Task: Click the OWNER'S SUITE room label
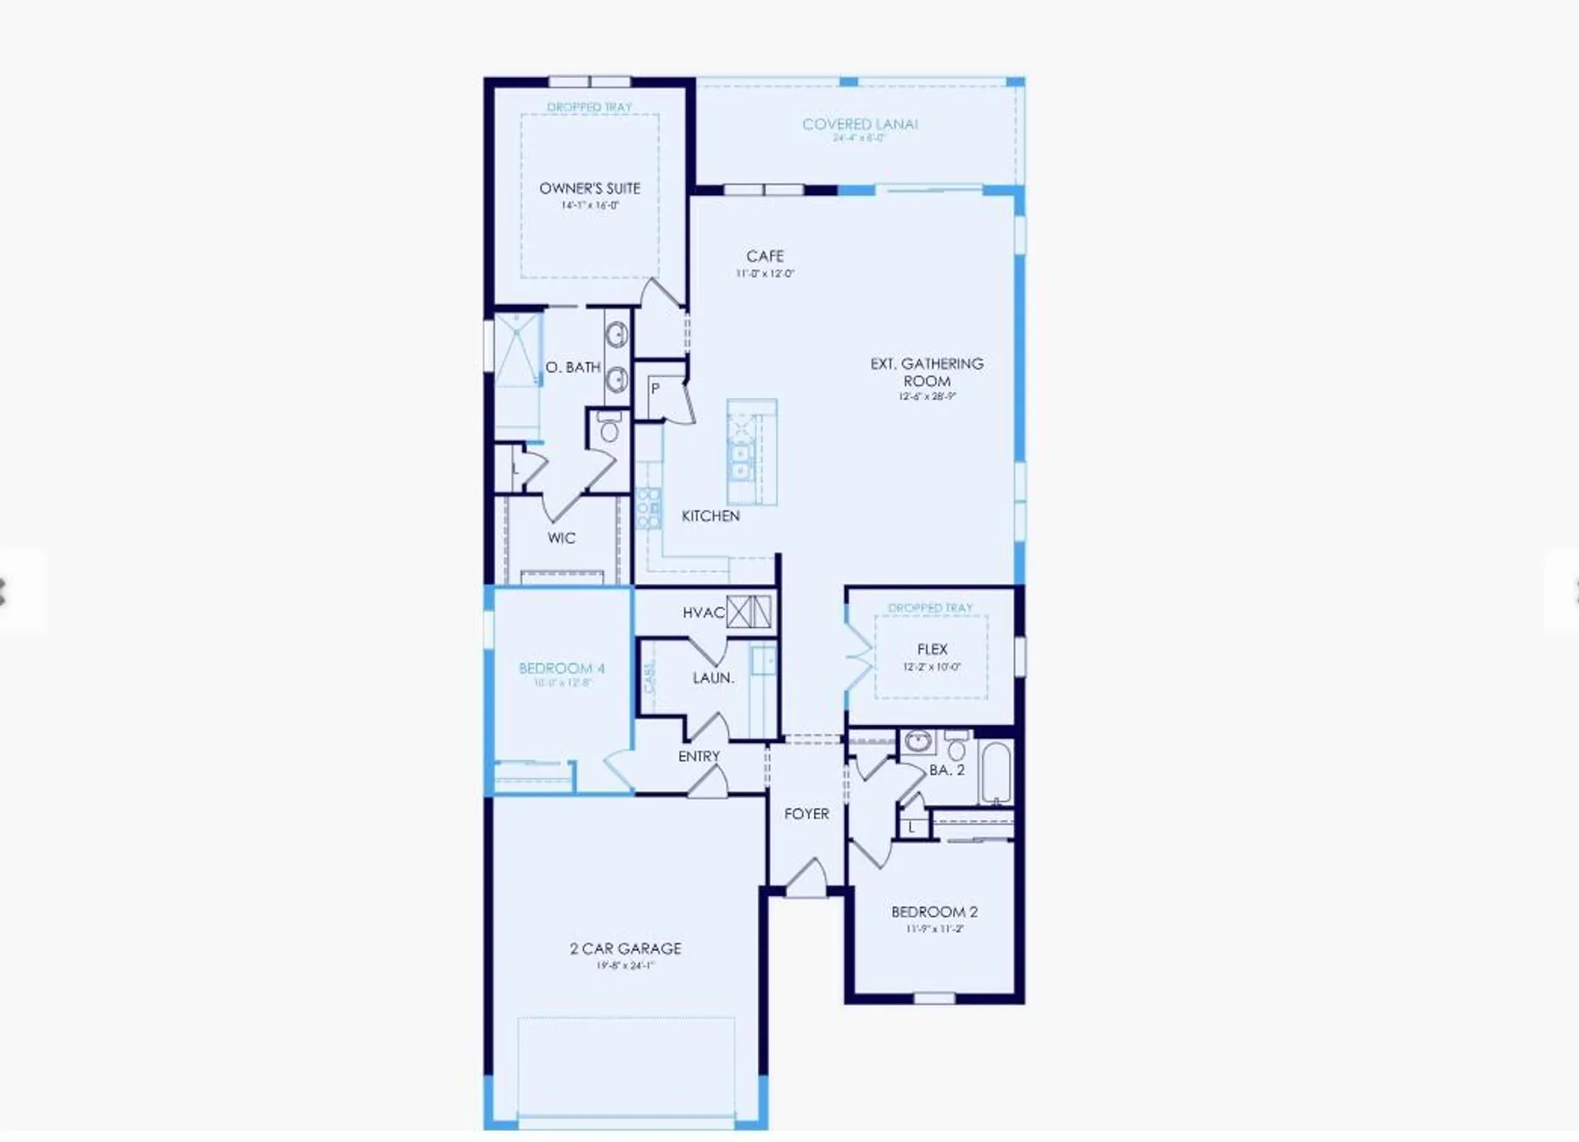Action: pyautogui.click(x=589, y=188)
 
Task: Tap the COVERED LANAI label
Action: pyautogui.click(x=860, y=124)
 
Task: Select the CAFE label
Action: pyautogui.click(x=764, y=256)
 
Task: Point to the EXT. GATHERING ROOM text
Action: pyautogui.click(x=927, y=372)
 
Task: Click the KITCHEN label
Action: pyautogui.click(x=711, y=516)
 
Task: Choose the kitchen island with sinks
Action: pyautogui.click(x=751, y=452)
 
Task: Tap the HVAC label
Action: pyautogui.click(x=703, y=613)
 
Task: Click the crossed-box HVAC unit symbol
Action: pyautogui.click(x=748, y=611)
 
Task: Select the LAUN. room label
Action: pyautogui.click(x=713, y=678)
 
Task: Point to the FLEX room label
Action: pyautogui.click(x=932, y=649)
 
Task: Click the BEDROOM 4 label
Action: pyautogui.click(x=561, y=668)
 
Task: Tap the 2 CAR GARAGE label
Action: pyautogui.click(x=625, y=949)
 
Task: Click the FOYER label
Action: pyautogui.click(x=806, y=813)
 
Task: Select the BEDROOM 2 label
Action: pyautogui.click(x=934, y=911)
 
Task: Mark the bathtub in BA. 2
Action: pyautogui.click(x=996, y=772)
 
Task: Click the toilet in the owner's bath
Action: pyautogui.click(x=609, y=429)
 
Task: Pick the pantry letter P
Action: pyautogui.click(x=654, y=389)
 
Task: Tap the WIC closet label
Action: pyautogui.click(x=561, y=538)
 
